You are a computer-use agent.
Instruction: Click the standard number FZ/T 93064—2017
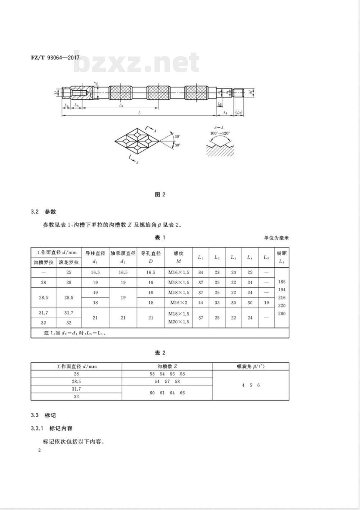(55, 58)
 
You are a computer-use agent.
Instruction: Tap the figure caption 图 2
(160, 195)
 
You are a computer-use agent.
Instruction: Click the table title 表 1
(160, 237)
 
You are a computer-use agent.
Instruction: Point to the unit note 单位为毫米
(276, 238)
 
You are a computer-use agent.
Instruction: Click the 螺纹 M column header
(179, 257)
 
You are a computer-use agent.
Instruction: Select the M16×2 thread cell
(178, 302)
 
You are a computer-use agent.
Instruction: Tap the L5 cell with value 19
(266, 302)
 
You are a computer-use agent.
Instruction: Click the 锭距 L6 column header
(282, 257)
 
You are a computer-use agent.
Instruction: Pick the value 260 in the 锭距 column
(282, 313)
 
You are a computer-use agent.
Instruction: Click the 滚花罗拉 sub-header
(69, 262)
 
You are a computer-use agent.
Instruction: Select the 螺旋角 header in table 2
(251, 366)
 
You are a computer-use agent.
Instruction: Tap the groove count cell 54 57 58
(167, 381)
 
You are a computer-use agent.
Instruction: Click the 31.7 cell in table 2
(76, 389)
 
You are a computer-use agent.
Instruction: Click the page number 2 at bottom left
(40, 450)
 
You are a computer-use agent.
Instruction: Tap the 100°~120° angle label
(220, 133)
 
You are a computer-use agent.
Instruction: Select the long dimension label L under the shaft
(139, 113)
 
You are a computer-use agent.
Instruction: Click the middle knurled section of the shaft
(158, 93)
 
